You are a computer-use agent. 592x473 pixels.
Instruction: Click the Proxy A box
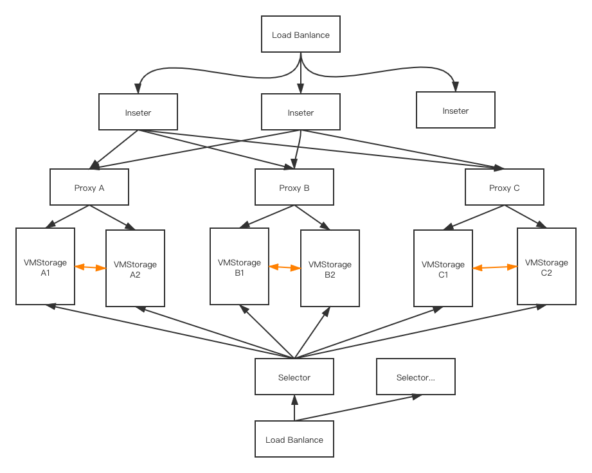pos(89,188)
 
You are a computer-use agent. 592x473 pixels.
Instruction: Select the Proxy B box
pos(294,188)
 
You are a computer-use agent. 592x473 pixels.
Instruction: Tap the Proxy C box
pos(505,188)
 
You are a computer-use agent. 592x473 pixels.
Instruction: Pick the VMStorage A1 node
pos(45,267)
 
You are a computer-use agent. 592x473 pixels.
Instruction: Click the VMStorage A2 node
pos(135,269)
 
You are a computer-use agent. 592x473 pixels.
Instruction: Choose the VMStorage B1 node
pos(239,267)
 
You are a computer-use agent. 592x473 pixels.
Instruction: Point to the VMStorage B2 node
pos(330,269)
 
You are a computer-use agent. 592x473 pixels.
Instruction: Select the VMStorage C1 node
pos(443,269)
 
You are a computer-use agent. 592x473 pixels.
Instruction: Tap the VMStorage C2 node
pos(546,267)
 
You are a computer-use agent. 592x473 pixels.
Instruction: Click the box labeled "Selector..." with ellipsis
pos(415,377)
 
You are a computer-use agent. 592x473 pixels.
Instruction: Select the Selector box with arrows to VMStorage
pos(294,377)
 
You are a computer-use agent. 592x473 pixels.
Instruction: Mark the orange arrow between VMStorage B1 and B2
pos(285,267)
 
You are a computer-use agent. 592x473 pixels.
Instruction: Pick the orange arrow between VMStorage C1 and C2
pos(495,267)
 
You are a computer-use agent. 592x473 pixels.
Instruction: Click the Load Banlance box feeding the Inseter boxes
pos(300,35)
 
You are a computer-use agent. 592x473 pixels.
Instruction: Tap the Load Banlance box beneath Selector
pos(294,440)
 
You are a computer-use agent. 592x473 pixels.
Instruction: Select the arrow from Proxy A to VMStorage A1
pos(69,217)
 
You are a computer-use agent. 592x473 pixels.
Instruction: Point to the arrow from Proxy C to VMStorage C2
pos(526,217)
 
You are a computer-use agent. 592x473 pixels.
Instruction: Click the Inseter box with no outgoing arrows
pos(456,111)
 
